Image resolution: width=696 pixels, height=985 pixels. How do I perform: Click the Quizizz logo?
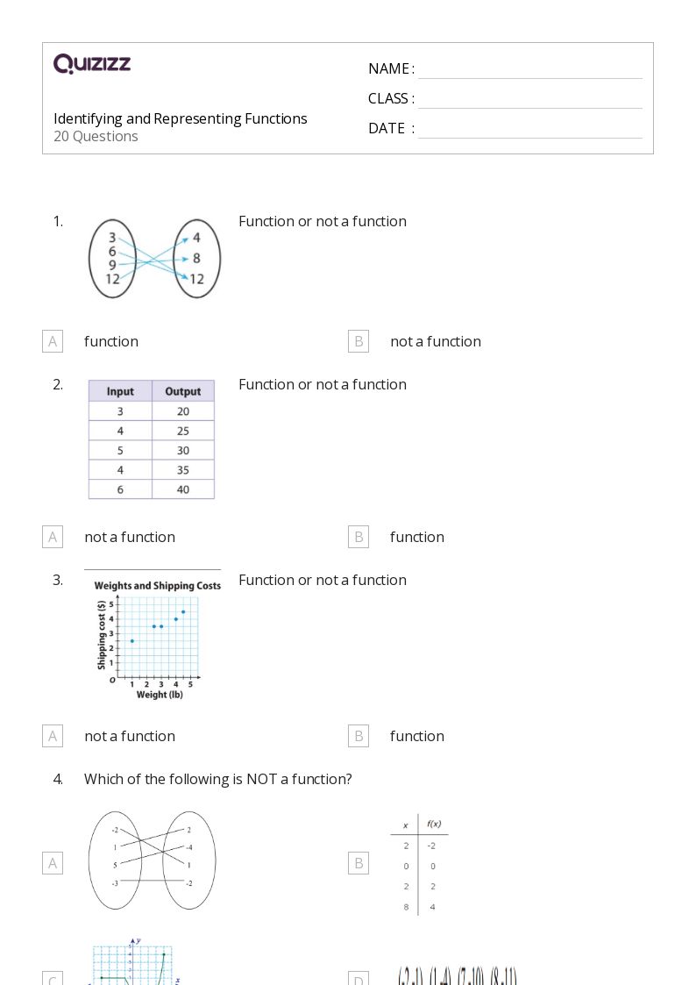click(92, 64)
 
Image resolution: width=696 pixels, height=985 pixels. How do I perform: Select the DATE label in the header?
click(387, 128)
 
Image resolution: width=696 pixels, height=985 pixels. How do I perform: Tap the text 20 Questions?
click(96, 136)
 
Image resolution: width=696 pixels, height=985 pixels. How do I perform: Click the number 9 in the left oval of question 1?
click(112, 265)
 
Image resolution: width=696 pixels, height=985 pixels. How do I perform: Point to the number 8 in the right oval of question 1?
click(196, 259)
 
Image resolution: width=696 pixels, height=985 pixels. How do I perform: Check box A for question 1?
click(53, 341)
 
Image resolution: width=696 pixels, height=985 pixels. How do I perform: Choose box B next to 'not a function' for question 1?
click(358, 341)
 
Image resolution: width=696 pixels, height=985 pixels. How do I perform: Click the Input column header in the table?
click(120, 391)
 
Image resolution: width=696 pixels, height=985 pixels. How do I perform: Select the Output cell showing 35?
click(182, 470)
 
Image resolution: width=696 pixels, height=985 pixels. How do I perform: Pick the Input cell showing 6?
click(120, 489)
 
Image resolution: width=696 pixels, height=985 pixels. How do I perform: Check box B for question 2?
click(358, 537)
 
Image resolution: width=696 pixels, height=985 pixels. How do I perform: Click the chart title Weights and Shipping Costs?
click(158, 585)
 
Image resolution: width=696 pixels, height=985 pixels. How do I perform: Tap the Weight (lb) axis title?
click(160, 695)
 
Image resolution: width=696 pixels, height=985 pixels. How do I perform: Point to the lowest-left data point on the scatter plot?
click(131, 641)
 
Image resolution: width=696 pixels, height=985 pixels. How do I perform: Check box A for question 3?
click(53, 736)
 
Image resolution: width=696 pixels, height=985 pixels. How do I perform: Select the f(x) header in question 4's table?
click(433, 824)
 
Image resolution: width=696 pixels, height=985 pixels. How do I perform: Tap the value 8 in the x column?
click(406, 906)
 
